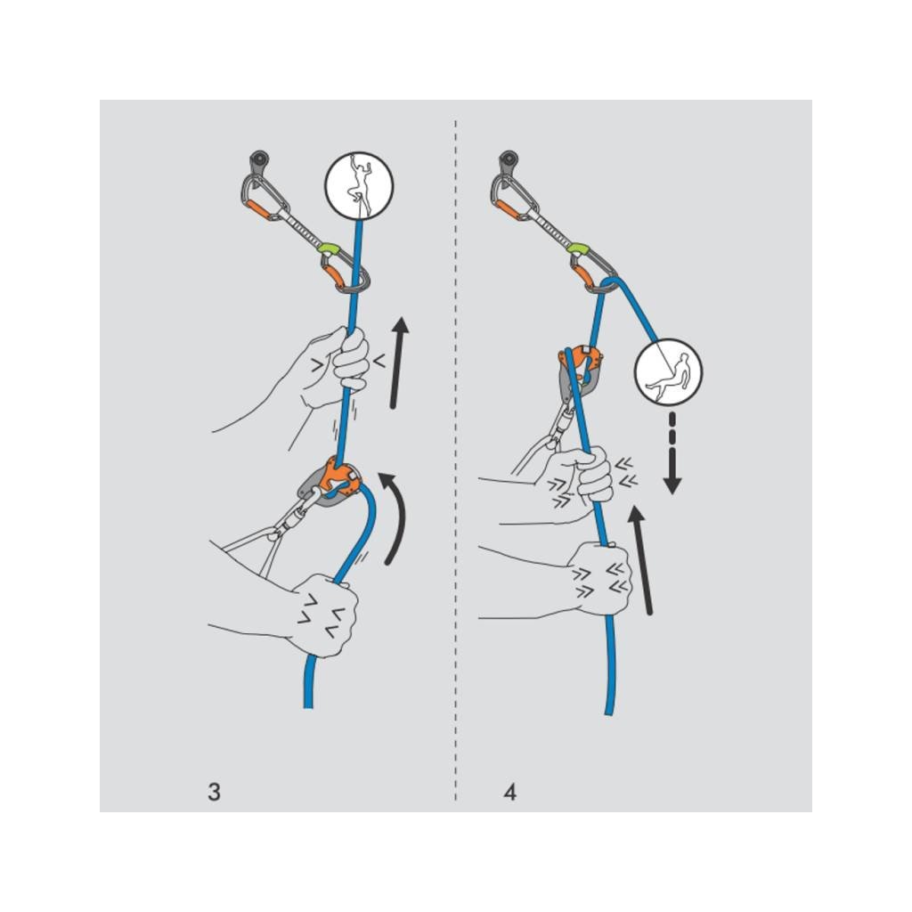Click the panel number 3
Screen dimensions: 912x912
click(214, 792)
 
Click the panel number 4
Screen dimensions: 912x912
click(509, 792)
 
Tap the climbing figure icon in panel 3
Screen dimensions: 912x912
click(360, 185)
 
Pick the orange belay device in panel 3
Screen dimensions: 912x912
click(337, 478)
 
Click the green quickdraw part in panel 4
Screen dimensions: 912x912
click(579, 247)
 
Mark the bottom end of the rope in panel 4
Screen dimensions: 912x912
click(609, 711)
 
